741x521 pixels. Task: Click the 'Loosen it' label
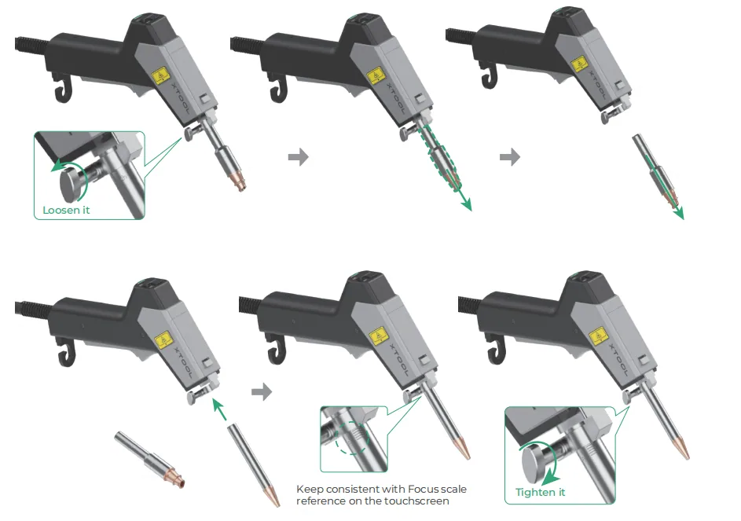[x=66, y=210]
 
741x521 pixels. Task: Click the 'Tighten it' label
[x=540, y=492]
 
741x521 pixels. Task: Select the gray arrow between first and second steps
[x=298, y=156]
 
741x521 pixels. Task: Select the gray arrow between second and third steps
[x=510, y=156]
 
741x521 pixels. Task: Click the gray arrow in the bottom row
[x=262, y=391]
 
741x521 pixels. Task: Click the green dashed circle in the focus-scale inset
[x=351, y=438]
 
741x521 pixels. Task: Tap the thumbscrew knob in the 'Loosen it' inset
[x=72, y=185]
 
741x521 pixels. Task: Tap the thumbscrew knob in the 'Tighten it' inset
[x=534, y=464]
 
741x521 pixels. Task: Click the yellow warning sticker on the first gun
[x=160, y=76]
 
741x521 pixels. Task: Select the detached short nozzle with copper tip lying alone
[x=149, y=460]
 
